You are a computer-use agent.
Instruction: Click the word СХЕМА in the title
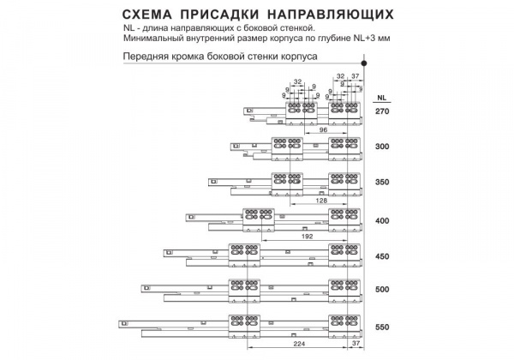point(146,15)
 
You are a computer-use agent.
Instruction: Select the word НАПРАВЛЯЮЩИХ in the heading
point(330,15)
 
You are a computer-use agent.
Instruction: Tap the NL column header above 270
point(381,98)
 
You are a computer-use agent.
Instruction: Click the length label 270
point(382,111)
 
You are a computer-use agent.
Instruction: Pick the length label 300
point(382,147)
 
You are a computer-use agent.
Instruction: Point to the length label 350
point(382,182)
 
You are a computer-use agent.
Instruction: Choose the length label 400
point(382,220)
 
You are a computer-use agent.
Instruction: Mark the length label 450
point(382,256)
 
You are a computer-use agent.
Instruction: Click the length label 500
point(382,289)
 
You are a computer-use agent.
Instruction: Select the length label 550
point(382,327)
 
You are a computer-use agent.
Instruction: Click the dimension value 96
point(323,129)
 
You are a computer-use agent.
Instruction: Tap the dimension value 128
point(321,201)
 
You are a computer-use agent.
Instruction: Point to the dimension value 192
point(308,236)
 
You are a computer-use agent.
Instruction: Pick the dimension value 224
point(299,344)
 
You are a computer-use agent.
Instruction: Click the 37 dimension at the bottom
point(356,343)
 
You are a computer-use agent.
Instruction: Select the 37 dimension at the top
point(356,76)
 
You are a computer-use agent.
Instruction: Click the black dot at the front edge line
point(364,63)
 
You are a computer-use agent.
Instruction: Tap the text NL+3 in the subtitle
point(364,38)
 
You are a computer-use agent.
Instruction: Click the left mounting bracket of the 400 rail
point(259,220)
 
